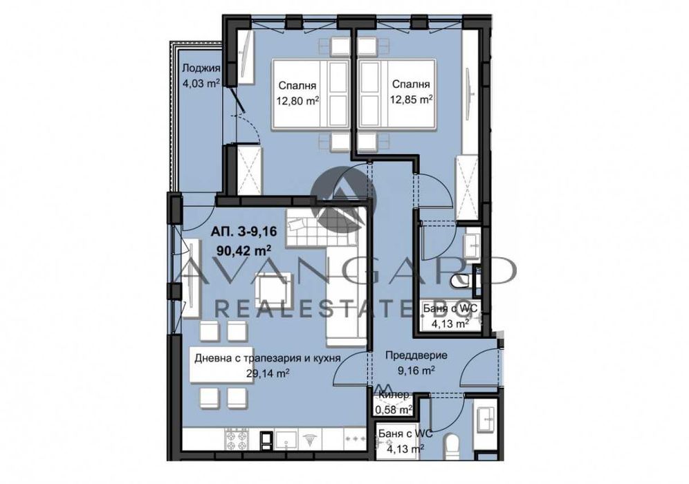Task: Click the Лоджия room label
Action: click(201, 68)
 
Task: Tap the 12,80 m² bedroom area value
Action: click(297, 100)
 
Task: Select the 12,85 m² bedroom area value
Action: click(412, 100)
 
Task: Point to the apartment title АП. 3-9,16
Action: click(243, 231)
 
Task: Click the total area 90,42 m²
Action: click(244, 251)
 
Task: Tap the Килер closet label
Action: click(394, 395)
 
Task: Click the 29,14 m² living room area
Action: click(267, 373)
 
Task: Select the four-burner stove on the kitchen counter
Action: click(237, 439)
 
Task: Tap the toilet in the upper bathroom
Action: click(459, 280)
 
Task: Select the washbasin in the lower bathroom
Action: click(486, 418)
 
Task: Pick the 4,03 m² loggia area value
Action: click(201, 82)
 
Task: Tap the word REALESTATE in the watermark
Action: click(311, 308)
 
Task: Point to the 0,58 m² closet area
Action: click(394, 410)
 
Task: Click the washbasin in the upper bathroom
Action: click(473, 246)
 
